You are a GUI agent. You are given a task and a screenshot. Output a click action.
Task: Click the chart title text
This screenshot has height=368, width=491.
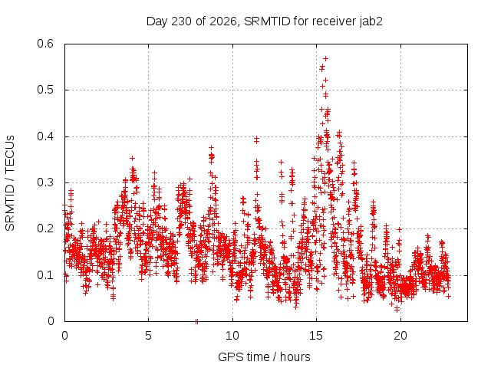point(264,21)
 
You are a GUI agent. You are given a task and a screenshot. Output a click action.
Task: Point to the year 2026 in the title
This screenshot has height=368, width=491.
point(223,21)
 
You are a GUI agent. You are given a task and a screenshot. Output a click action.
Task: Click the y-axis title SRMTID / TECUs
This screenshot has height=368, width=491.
point(10,183)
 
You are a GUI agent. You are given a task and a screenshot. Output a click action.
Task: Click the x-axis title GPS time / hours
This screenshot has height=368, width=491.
point(264,356)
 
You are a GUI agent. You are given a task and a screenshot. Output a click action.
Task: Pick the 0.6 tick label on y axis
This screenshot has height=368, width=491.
point(45,44)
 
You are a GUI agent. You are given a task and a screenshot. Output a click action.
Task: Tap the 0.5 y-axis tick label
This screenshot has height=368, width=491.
point(45,90)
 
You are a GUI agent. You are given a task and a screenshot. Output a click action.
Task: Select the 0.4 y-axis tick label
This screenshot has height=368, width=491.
point(45,136)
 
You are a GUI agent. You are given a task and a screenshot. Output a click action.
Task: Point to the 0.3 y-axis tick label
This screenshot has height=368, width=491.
point(45,182)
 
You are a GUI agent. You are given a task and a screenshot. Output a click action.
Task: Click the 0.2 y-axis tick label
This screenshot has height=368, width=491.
point(45,228)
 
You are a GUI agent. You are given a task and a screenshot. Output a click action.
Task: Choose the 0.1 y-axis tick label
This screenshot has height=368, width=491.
point(45,275)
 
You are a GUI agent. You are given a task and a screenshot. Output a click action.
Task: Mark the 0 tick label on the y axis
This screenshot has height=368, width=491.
point(51,321)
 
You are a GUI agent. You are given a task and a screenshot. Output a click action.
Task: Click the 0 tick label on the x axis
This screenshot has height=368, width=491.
point(64,336)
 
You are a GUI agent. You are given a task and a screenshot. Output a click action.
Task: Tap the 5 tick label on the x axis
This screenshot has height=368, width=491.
point(148,336)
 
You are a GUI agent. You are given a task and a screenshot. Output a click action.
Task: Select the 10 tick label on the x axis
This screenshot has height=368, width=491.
point(232,336)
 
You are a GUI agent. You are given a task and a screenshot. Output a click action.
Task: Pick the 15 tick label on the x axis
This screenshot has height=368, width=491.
point(316,336)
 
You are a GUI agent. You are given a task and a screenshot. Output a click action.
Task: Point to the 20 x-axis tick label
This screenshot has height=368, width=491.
point(400,336)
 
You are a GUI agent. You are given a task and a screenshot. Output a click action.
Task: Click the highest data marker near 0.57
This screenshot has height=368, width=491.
point(325,58)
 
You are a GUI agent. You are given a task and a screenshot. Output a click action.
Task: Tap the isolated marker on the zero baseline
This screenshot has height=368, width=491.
point(196,321)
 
